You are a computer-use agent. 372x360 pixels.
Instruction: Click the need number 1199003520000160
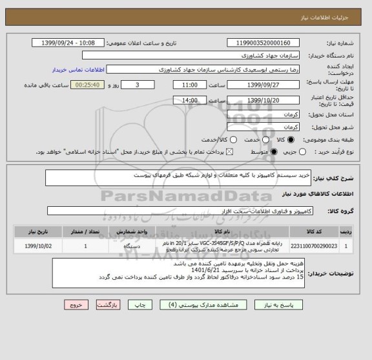[263, 43]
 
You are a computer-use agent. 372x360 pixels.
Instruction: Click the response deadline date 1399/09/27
[263, 85]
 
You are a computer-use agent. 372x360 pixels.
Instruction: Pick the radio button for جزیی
[307, 151]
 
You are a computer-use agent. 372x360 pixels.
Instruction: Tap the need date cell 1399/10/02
[38, 246]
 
